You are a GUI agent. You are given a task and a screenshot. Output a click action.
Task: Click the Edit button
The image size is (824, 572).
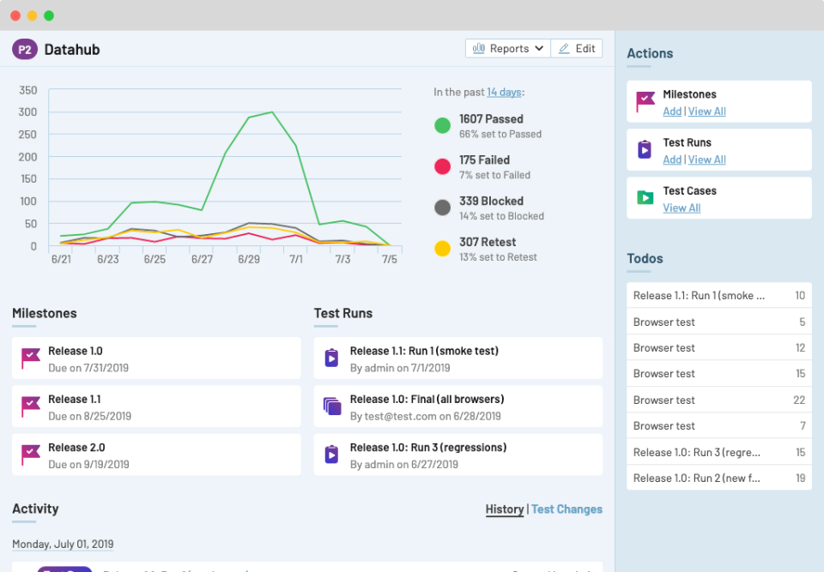[x=577, y=49]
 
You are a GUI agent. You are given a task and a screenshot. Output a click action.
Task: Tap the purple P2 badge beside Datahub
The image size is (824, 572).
[x=25, y=50]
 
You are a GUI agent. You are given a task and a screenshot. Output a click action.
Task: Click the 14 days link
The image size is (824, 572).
[x=504, y=93]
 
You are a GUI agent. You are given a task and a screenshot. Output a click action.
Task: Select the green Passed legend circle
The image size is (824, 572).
[x=443, y=126]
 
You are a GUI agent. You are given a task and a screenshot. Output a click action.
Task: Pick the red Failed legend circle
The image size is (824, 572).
[x=443, y=166]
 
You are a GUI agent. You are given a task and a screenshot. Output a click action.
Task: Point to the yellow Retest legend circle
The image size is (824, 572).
[x=443, y=249]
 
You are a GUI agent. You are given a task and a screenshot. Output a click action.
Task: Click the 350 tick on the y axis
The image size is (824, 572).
[x=27, y=90]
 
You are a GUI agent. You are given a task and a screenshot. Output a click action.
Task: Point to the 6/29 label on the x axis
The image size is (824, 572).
[x=249, y=259]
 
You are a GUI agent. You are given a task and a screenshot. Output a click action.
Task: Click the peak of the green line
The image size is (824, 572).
[x=272, y=111]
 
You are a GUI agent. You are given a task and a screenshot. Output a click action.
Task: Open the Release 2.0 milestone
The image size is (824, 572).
[x=76, y=448]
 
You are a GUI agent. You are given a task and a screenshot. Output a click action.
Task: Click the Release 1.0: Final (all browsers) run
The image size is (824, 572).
[x=427, y=400]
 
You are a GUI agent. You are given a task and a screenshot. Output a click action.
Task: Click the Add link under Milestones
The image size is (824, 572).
[x=672, y=111]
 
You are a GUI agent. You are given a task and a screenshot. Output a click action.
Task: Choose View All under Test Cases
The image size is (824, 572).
[x=682, y=208]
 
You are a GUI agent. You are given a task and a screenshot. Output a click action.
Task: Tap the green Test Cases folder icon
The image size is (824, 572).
[x=645, y=197]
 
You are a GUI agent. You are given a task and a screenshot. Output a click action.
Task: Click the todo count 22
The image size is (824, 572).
[x=799, y=400]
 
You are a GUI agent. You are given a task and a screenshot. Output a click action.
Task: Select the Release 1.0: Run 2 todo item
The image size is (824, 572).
[x=696, y=479]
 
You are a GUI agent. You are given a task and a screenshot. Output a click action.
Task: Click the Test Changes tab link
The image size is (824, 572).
[x=566, y=509]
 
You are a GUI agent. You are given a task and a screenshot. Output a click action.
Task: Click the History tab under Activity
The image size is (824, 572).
[x=504, y=509]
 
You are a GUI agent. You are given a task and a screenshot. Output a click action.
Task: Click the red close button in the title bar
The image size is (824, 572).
[x=15, y=15]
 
